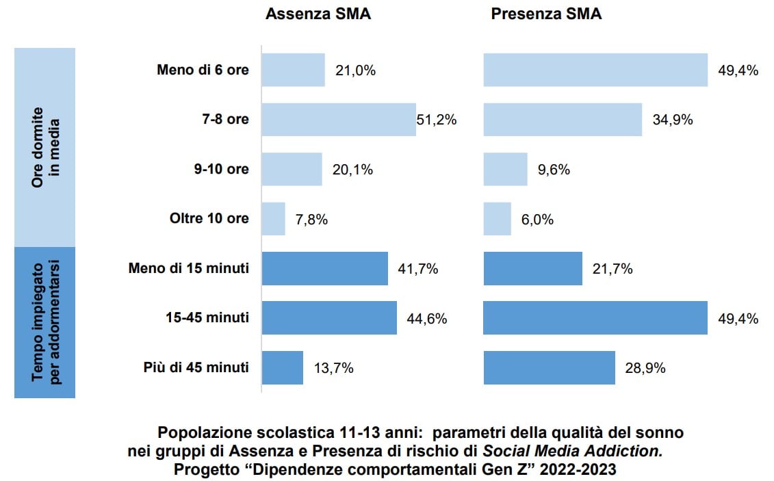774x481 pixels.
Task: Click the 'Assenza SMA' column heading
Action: tap(318, 14)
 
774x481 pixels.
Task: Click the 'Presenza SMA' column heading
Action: tap(546, 14)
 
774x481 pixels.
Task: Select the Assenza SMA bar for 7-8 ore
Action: tap(339, 120)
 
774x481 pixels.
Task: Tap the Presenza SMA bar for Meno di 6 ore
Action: tap(595, 70)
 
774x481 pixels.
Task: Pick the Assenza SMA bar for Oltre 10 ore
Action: tap(274, 219)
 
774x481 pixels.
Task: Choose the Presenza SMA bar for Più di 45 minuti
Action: tap(550, 368)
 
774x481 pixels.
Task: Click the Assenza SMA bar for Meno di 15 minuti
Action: tap(325, 269)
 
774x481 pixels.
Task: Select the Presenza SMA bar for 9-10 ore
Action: tap(506, 170)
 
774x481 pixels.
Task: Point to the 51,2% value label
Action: tap(437, 120)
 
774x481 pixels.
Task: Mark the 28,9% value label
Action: tap(645, 368)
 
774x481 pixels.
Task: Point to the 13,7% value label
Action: tap(333, 368)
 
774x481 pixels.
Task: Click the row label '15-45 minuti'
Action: tap(207, 318)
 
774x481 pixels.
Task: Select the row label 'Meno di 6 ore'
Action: tap(203, 70)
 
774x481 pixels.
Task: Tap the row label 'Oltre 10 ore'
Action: tap(209, 219)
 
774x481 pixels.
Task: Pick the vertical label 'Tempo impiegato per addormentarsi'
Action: tap(45, 322)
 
